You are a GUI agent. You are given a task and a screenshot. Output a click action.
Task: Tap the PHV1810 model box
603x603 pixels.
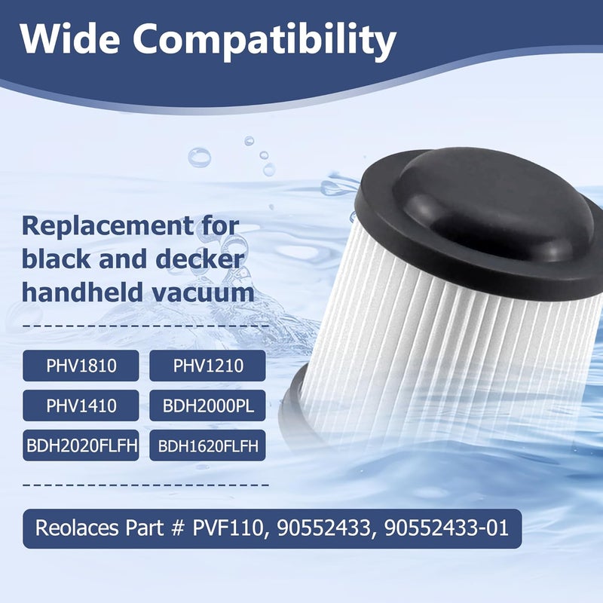tap(81, 366)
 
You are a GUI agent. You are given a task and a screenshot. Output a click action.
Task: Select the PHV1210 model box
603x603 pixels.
tap(207, 366)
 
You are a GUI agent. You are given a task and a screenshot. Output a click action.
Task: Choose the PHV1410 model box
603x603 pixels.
tap(81, 406)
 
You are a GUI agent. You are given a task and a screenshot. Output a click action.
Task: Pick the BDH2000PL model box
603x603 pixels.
tap(207, 406)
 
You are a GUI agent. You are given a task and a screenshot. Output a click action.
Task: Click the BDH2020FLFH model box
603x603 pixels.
tap(81, 445)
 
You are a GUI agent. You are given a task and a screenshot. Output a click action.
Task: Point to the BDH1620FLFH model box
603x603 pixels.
tap(207, 445)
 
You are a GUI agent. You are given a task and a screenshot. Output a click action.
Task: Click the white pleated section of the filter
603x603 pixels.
tap(452, 332)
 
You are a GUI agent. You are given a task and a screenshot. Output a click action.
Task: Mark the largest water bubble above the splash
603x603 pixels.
tap(199, 158)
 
